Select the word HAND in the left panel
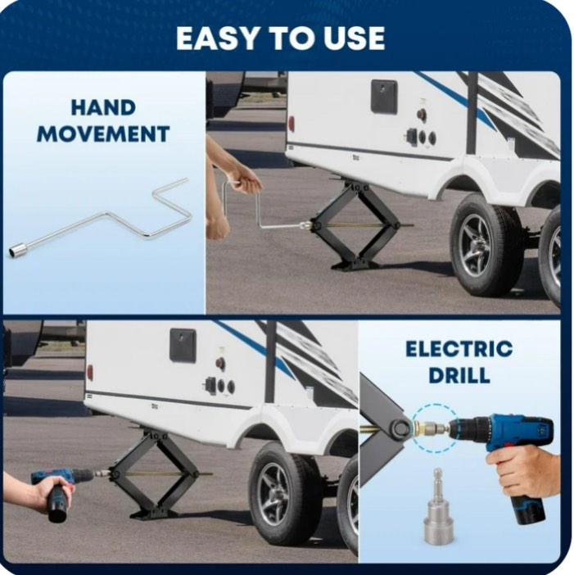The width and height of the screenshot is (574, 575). (x=103, y=108)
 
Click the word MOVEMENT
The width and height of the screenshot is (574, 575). (x=103, y=134)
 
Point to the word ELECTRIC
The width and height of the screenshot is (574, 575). (x=459, y=349)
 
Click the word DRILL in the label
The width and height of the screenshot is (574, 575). (x=459, y=375)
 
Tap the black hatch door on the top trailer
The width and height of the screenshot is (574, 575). (x=383, y=97)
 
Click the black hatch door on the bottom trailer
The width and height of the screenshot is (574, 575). (x=183, y=345)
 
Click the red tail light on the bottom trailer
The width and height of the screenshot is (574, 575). (x=89, y=374)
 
